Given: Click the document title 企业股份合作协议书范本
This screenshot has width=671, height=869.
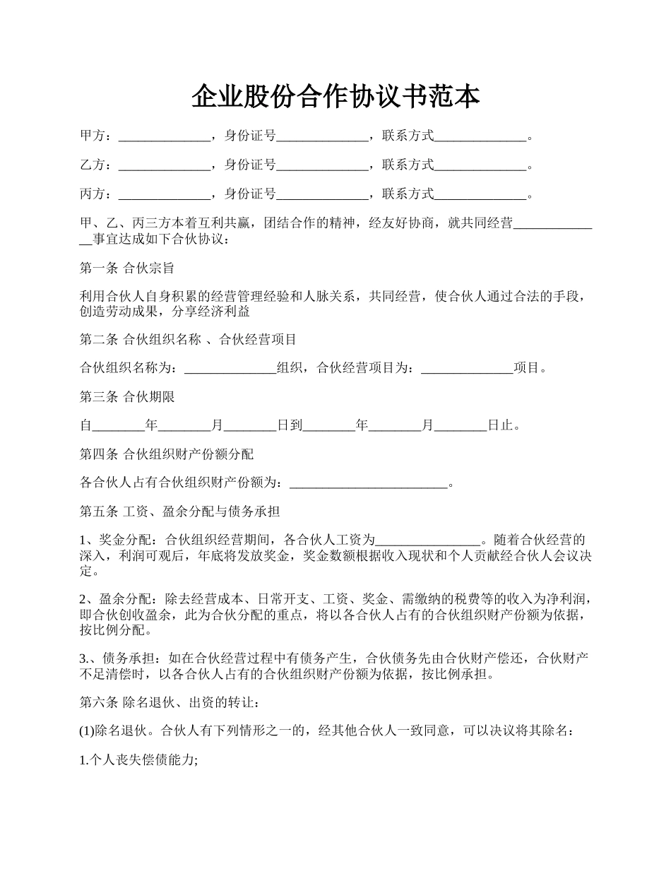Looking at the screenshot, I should (x=335, y=97).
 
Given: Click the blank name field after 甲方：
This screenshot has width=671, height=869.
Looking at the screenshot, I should (x=165, y=136).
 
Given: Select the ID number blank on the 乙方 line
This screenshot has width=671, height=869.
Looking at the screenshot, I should (x=323, y=165).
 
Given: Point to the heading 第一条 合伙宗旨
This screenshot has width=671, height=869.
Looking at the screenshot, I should (x=127, y=268).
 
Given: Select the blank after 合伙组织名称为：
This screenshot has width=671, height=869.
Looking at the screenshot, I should (x=230, y=368).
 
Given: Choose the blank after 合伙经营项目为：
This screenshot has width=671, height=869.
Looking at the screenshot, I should (x=467, y=368).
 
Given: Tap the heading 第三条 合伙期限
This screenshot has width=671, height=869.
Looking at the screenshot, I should (x=127, y=397).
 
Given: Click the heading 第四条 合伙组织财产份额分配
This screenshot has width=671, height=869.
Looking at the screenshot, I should (x=167, y=454).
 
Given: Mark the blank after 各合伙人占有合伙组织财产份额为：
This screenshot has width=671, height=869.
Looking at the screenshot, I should (x=369, y=484).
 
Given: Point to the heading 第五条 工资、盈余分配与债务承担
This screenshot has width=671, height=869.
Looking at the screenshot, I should (x=180, y=512).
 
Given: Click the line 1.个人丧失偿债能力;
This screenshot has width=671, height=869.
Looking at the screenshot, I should (x=138, y=761).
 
